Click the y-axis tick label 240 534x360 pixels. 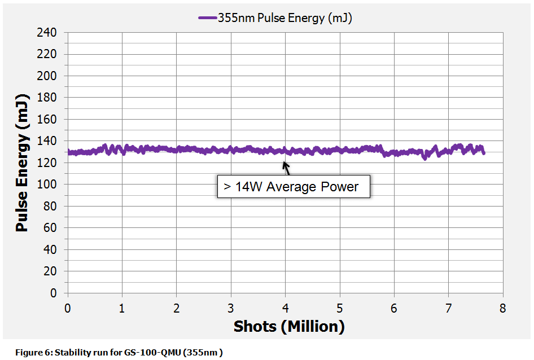tap(49, 33)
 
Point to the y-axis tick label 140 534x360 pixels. tap(49, 141)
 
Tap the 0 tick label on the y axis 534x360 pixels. tap(54, 293)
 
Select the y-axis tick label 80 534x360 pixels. tap(51, 207)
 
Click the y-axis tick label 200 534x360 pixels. tap(49, 76)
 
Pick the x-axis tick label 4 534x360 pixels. tap(285, 309)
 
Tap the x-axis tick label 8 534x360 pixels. tap(502, 309)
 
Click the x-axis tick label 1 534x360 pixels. tap(122, 309)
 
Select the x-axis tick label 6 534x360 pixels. tap(394, 309)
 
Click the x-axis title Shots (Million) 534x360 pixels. tap(288, 327)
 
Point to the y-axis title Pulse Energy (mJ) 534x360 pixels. tap(22, 163)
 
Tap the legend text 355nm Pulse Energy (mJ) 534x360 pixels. tap(285, 18)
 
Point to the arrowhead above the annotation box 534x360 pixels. tap(285, 165)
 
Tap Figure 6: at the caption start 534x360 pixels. tap(32, 353)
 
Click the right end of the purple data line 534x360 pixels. tap(483, 152)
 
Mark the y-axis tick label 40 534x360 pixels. tap(51, 250)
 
